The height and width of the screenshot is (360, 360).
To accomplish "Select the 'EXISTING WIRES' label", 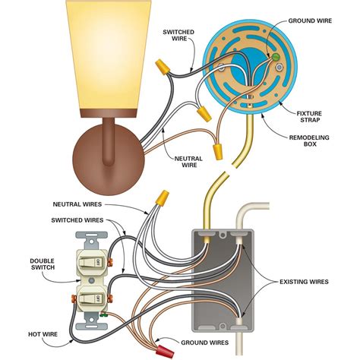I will [x=302, y=281].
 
